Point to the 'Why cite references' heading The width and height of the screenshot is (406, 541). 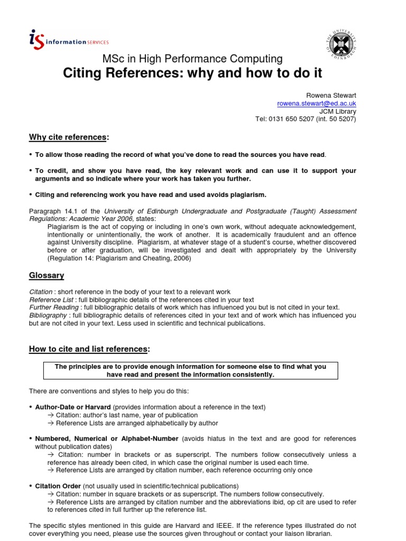click(x=69, y=137)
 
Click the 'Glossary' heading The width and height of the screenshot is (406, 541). click(x=47, y=275)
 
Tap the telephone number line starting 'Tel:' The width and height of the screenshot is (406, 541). click(x=306, y=119)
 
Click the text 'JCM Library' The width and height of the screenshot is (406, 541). click(x=338, y=111)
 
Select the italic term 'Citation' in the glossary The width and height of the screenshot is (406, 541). click(x=41, y=292)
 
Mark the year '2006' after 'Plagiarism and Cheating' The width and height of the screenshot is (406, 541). click(x=179, y=258)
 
